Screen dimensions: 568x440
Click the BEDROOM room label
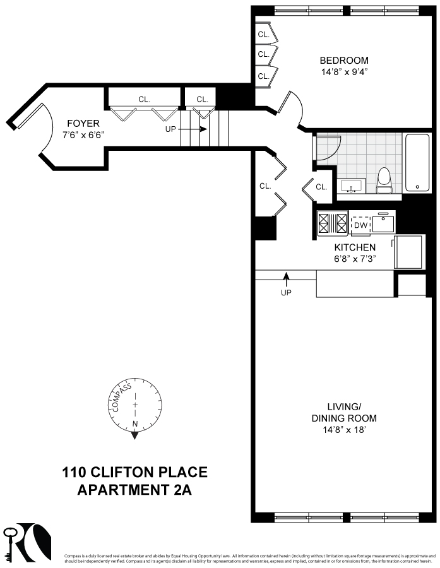coord(343,61)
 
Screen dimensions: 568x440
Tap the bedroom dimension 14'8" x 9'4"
coord(343,72)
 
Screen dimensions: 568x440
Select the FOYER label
coord(82,124)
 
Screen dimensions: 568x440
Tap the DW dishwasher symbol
coord(360,225)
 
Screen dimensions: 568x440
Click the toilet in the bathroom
coord(384,180)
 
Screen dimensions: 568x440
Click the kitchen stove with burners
coord(333,223)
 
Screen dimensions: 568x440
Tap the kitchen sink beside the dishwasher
coord(383,223)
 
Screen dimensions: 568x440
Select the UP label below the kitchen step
coord(286,293)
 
